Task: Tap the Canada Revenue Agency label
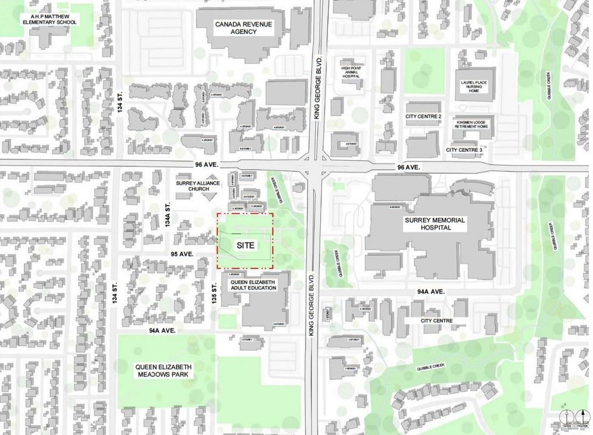tap(244, 28)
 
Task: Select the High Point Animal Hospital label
tap(350, 68)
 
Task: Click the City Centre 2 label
tap(424, 116)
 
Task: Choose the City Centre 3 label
tap(464, 149)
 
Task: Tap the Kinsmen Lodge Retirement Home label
tap(474, 129)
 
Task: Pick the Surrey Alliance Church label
tap(192, 185)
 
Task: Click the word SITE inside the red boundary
tap(245, 246)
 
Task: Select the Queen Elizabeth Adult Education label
tap(253, 285)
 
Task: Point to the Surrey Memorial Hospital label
tap(436, 224)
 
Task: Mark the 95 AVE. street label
tap(182, 254)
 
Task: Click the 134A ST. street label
tap(169, 215)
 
